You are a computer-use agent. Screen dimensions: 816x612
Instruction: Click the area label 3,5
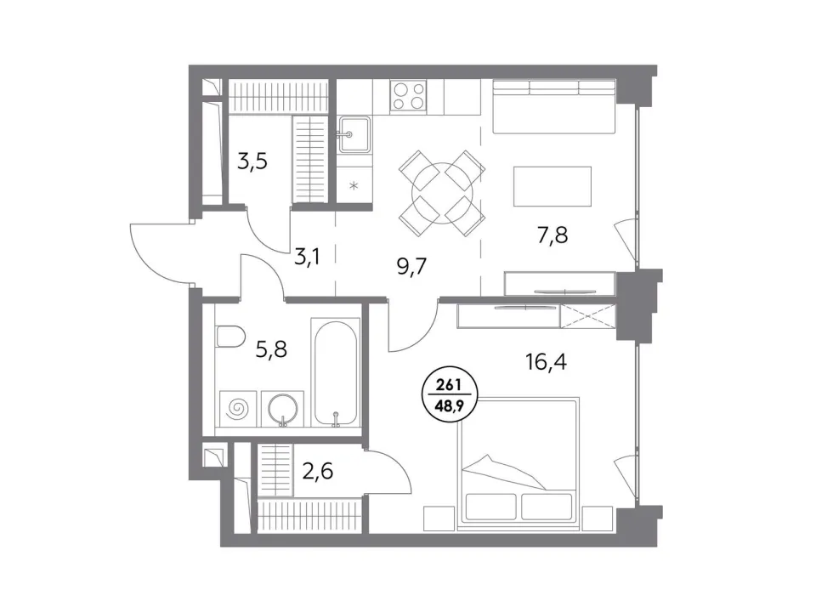pos(252,161)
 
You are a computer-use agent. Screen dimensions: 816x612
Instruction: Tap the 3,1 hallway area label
pos(307,256)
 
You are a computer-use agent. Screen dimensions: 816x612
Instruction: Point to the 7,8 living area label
pos(552,235)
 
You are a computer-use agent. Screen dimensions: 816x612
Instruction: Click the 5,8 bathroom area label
pos(271,349)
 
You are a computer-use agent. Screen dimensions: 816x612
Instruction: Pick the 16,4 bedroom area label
pos(546,361)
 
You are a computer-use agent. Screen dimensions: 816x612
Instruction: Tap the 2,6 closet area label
pos(317,472)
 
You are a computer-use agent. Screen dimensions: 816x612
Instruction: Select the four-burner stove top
pos(409,97)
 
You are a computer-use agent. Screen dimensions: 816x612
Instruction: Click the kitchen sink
pos(354,134)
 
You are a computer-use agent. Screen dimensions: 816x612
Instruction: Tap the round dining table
pos(441,193)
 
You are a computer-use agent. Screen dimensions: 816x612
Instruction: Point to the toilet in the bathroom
pos(229,337)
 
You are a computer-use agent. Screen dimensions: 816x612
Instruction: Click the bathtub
pos(336,372)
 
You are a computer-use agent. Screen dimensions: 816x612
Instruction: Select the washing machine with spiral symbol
pos(238,409)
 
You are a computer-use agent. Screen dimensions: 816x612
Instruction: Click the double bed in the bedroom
pos(518,462)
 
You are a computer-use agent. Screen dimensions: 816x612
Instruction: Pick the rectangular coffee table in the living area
pos(552,186)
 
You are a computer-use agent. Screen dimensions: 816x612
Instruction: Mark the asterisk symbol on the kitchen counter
pos(354,185)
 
